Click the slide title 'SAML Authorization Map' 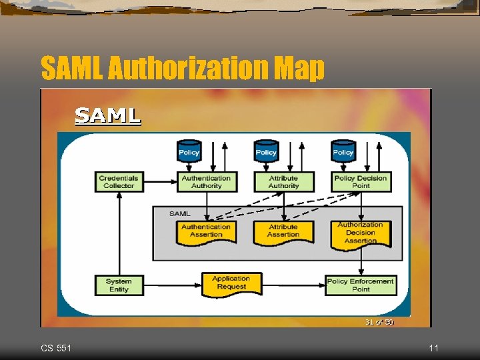coord(183,68)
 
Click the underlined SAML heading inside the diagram coord(107,116)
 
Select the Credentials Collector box coord(119,182)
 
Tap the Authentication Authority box coord(206,182)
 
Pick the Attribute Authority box coord(283,182)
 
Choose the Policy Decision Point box coord(361,182)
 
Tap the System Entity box coord(119,285)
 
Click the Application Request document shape coord(231,283)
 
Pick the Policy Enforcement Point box coord(361,285)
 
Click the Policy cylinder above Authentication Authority coord(189,151)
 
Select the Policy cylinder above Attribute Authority coord(266,151)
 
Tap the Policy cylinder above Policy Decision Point coord(343,151)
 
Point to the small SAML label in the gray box coord(179,213)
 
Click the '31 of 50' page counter coord(379,322)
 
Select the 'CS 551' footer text coord(57,348)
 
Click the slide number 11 coord(433,348)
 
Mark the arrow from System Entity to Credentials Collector coord(119,233)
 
